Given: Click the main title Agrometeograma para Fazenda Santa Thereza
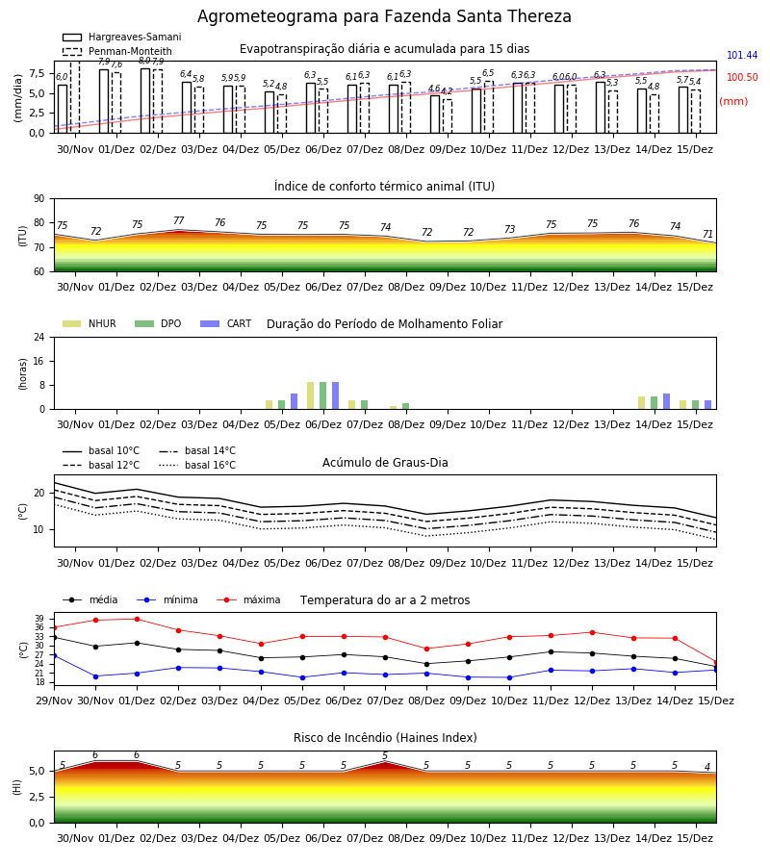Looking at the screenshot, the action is tap(384, 16).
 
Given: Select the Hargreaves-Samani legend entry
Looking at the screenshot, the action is tap(122, 37).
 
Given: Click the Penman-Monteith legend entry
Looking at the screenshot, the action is tap(117, 51).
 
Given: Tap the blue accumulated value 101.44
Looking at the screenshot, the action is tap(742, 55).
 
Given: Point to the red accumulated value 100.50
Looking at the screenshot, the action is tap(742, 77).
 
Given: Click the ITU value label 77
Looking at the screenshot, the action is tap(178, 220).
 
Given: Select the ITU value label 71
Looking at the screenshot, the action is tap(707, 234).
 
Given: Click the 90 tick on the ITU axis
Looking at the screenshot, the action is tap(39, 199).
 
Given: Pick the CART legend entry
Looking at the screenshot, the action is tap(225, 323).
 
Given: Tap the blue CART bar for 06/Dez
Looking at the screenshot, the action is tap(335, 395).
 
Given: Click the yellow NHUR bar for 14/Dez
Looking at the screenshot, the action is tap(641, 402).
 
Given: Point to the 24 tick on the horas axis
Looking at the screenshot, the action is tap(39, 337).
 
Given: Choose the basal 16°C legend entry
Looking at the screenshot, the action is tap(197, 465).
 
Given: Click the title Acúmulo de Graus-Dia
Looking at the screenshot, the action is tap(385, 463).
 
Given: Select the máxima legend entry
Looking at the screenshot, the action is tap(248, 599).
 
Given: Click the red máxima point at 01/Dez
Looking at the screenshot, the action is tap(137, 619).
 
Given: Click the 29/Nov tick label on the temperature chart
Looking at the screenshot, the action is tap(54, 700).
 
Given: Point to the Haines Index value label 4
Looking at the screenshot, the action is tap(707, 767).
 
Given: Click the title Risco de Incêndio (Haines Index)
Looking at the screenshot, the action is tap(385, 738).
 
